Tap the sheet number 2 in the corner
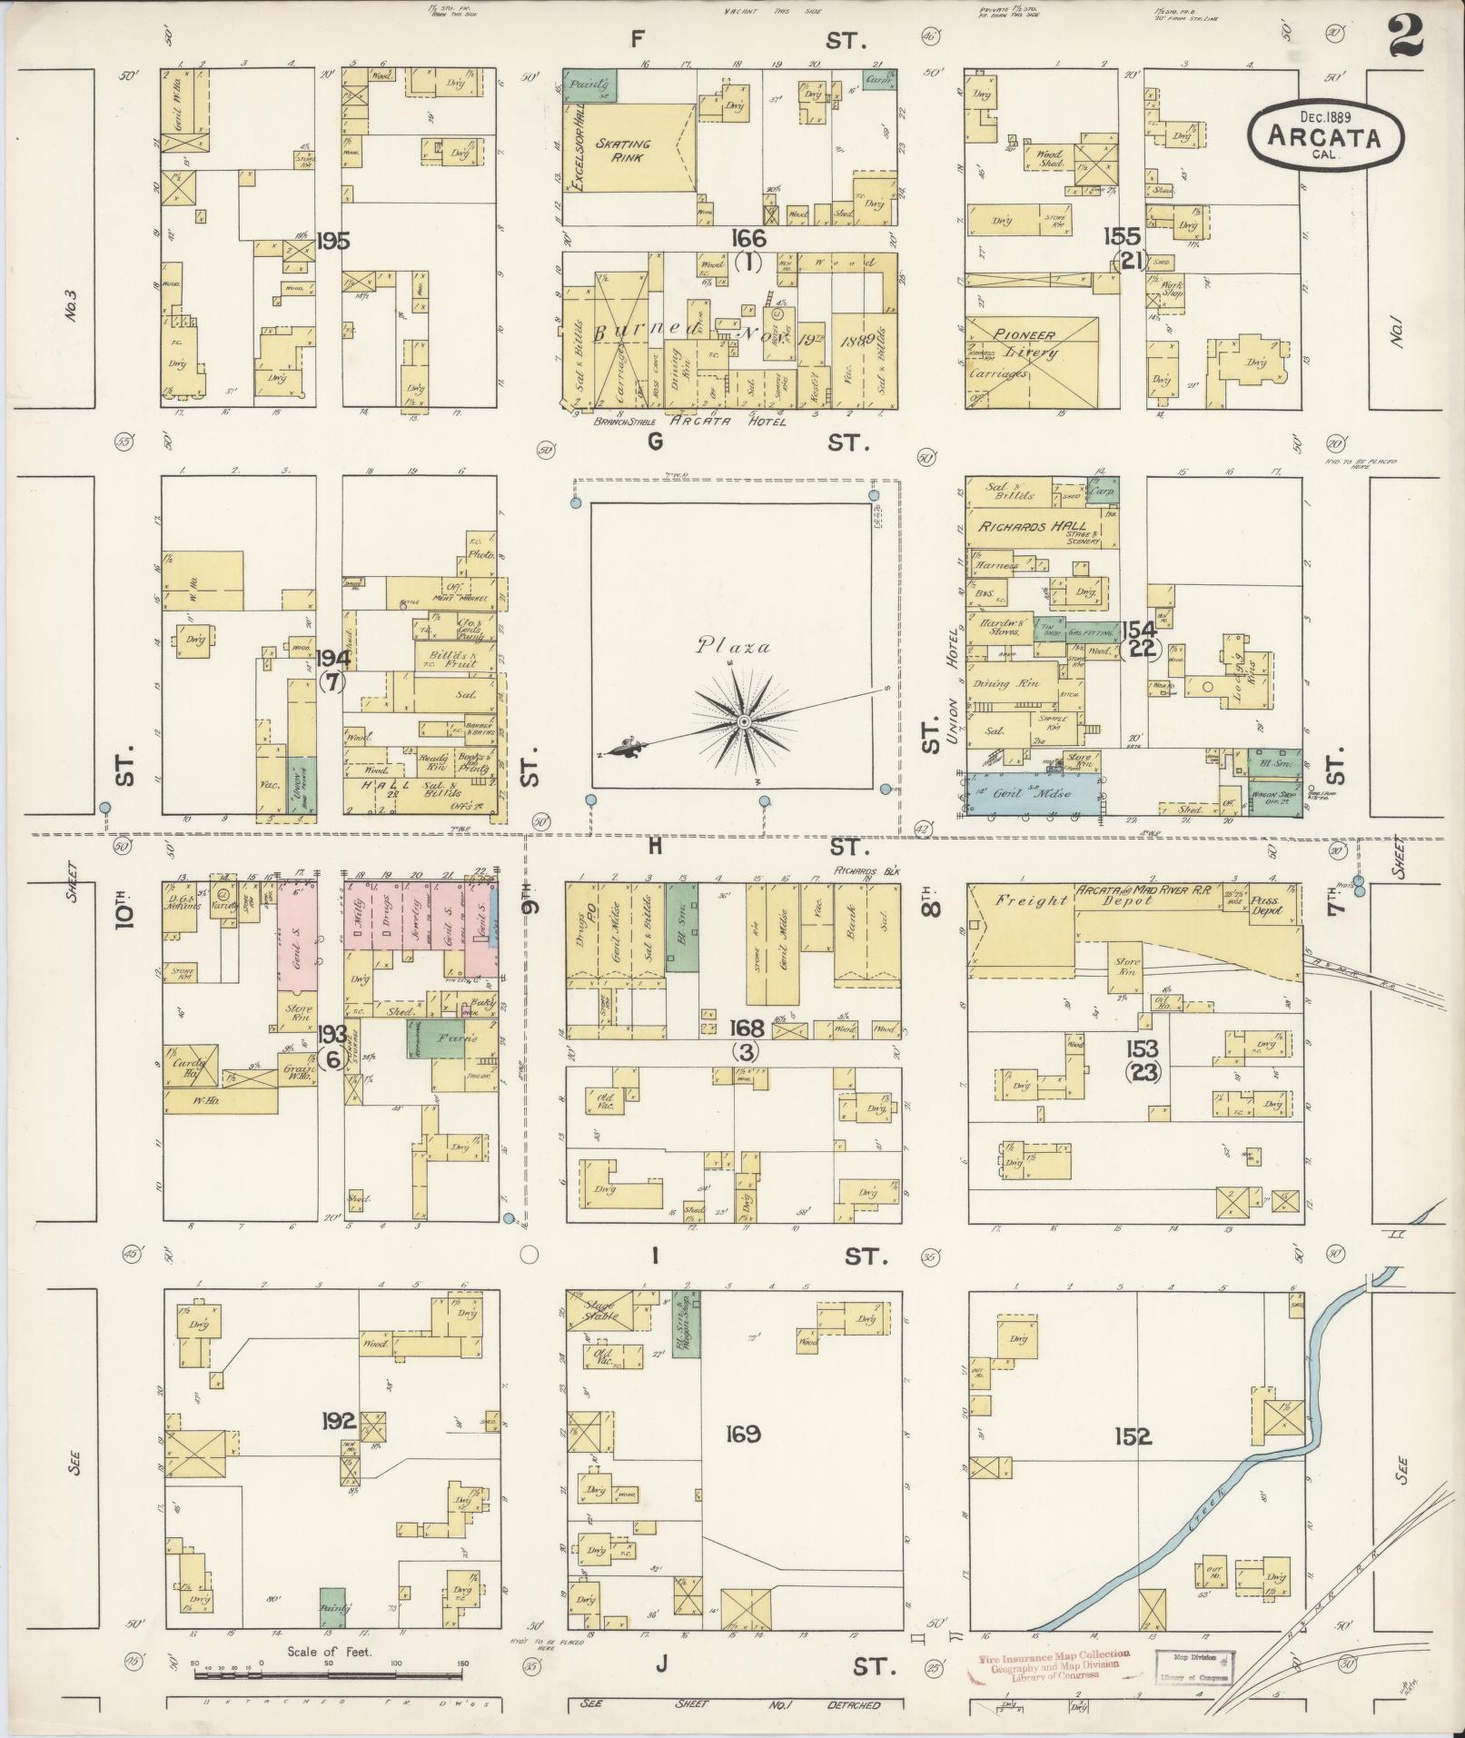pos(1404,39)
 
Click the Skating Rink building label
pos(622,150)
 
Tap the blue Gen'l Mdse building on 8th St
pos(1031,793)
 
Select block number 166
pos(750,238)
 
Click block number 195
pos(333,241)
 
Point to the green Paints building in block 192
pos(333,1606)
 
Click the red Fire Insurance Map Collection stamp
pos(1054,1664)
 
